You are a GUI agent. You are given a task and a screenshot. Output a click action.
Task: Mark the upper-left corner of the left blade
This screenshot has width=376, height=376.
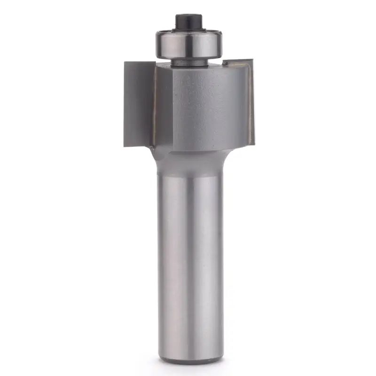(125, 63)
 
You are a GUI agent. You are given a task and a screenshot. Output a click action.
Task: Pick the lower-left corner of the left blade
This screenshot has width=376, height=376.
(125, 146)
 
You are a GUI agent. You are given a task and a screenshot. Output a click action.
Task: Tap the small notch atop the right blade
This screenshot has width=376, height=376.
(226, 63)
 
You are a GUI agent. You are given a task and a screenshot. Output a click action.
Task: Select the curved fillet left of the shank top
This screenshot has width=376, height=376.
(154, 157)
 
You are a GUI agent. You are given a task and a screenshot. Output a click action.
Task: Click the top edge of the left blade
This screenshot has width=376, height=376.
(139, 61)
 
